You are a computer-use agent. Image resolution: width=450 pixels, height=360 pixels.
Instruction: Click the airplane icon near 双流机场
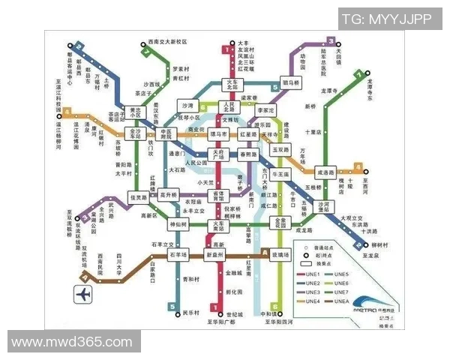[x=82, y=294]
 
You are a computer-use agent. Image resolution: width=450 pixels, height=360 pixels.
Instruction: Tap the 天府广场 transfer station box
[x=219, y=155]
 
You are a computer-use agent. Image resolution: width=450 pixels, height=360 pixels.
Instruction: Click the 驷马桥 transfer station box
[x=290, y=82]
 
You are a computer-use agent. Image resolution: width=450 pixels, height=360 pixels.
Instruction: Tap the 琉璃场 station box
[x=280, y=255]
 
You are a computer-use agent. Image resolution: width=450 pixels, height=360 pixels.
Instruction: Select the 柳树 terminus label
[x=381, y=245]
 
